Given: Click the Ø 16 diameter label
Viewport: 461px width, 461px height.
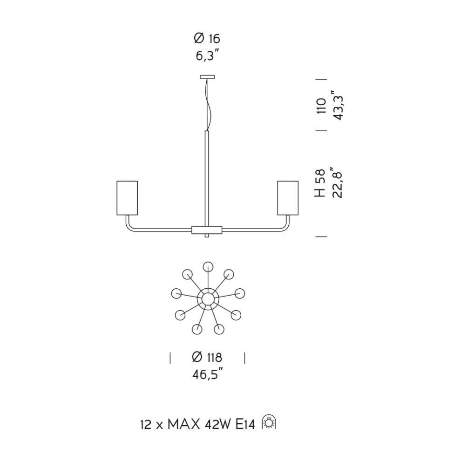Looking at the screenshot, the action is click(207, 38).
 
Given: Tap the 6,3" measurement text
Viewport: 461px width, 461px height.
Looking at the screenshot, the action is click(208, 55).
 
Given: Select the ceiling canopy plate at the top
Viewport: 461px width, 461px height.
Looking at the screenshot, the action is click(207, 77).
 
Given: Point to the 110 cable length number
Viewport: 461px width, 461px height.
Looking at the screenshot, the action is click(322, 106).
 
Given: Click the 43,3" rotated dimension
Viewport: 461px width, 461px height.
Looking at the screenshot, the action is click(338, 105).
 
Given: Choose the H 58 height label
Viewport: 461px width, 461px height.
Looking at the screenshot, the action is click(320, 183).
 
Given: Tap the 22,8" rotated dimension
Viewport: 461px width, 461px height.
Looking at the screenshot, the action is click(337, 182).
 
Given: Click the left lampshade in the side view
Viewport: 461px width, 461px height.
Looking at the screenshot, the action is click(127, 198).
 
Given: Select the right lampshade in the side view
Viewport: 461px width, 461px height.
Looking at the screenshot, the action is click(288, 198).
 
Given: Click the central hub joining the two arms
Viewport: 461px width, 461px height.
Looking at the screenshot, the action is click(207, 230).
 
